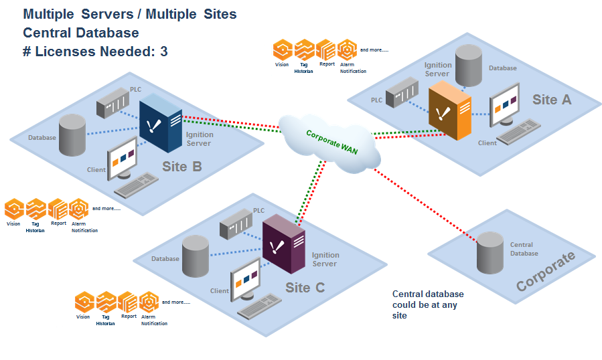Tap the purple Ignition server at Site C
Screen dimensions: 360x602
point(283,244)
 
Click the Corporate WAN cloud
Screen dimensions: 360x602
point(329,140)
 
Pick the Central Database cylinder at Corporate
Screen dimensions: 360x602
point(490,253)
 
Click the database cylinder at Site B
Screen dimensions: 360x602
point(72,134)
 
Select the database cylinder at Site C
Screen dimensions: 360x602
point(196,256)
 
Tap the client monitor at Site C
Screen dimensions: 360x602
point(245,281)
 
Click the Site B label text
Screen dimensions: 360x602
point(181,167)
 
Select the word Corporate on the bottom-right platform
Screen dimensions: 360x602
point(545,271)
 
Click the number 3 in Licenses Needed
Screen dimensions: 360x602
point(164,51)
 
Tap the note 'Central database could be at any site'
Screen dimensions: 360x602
point(427,304)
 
